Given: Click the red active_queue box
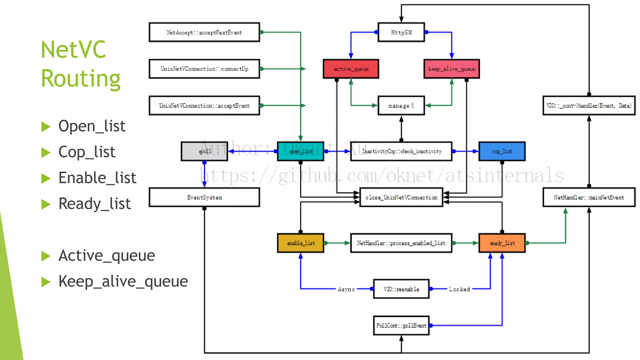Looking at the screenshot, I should (x=351, y=69).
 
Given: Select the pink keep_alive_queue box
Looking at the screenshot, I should (x=452, y=69).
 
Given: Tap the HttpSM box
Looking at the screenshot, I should (x=401, y=32).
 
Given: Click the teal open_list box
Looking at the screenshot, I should (x=301, y=151).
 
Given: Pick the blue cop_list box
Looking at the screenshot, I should (x=502, y=151).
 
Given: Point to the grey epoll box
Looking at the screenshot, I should (x=204, y=151).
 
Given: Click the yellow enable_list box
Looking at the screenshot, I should (x=301, y=243).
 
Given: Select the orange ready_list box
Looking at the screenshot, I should (x=502, y=243).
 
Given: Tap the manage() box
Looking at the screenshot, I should (x=401, y=106).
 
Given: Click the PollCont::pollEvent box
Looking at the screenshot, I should (x=401, y=325).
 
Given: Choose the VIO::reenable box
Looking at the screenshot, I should (x=401, y=289).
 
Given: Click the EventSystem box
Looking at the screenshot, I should (x=204, y=197).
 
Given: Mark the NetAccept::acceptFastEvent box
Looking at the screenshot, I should (x=204, y=32).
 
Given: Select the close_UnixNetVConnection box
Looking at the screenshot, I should (x=401, y=197).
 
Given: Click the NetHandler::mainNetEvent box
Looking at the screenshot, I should (x=589, y=197).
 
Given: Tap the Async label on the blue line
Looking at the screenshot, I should (x=346, y=289).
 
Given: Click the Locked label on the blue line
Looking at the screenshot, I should (x=459, y=289).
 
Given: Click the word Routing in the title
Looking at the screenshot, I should (x=81, y=78).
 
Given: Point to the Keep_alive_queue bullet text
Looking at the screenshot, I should (x=123, y=281).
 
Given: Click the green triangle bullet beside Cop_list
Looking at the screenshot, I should (x=46, y=152).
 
